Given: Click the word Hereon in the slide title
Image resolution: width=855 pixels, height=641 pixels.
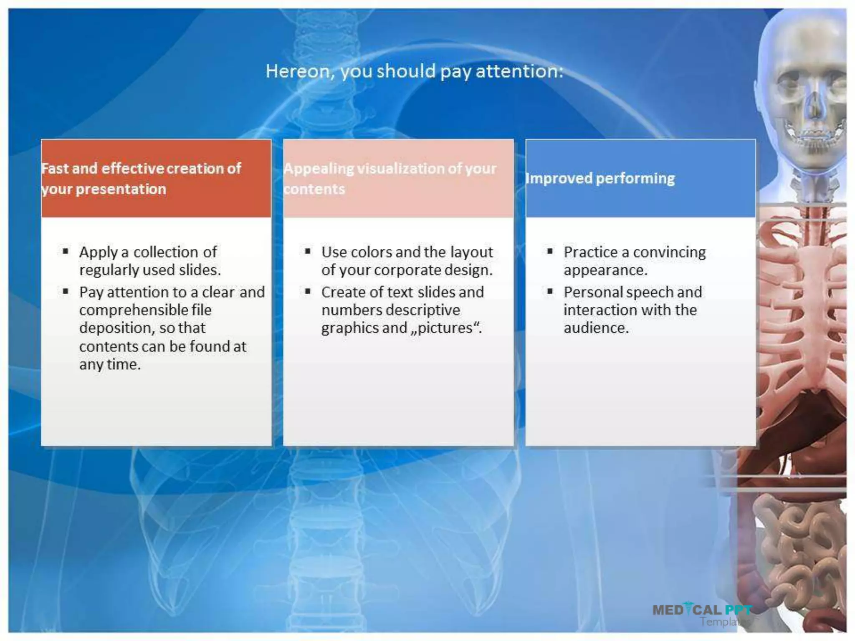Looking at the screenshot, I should [299, 71].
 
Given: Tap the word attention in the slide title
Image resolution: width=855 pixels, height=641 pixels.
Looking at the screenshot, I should [519, 71].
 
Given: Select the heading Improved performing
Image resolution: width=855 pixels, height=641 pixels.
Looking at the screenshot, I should [600, 179].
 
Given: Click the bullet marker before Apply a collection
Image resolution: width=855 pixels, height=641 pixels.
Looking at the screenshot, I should [66, 251].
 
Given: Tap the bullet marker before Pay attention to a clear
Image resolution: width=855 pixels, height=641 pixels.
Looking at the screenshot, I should [66, 291].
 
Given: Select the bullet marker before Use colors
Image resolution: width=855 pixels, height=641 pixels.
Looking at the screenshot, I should [308, 251].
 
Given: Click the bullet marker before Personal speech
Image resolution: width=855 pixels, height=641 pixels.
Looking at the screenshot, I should [550, 291].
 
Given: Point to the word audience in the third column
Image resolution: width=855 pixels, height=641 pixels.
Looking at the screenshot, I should [596, 328].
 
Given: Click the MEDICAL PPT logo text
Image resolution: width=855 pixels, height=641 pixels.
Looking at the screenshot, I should [702, 610].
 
